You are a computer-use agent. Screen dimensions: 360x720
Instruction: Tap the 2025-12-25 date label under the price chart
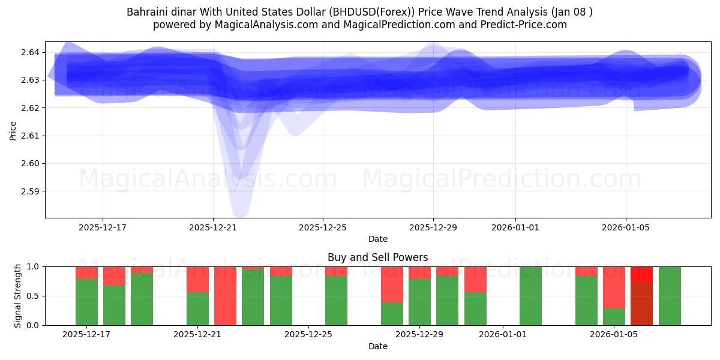coord(323,227)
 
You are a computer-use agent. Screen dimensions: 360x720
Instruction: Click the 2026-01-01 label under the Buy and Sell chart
coord(503,334)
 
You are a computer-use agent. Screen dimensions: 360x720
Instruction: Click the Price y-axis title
coord(13,130)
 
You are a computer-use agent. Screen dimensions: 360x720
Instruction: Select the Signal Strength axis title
coord(18,296)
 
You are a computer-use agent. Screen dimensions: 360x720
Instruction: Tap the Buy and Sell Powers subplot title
coord(377,257)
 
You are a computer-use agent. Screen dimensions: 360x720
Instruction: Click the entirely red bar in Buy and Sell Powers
coord(225,296)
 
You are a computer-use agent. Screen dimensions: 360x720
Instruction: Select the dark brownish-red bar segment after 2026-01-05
coord(641,304)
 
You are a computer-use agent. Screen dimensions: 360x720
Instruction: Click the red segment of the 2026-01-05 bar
coord(614,287)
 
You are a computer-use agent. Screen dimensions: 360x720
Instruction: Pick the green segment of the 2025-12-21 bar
coord(197,308)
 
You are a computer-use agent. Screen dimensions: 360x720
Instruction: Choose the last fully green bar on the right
coord(670,296)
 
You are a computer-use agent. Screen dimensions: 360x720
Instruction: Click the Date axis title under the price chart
coord(377,239)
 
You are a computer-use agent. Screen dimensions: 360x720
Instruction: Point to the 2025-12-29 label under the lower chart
coord(418,334)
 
